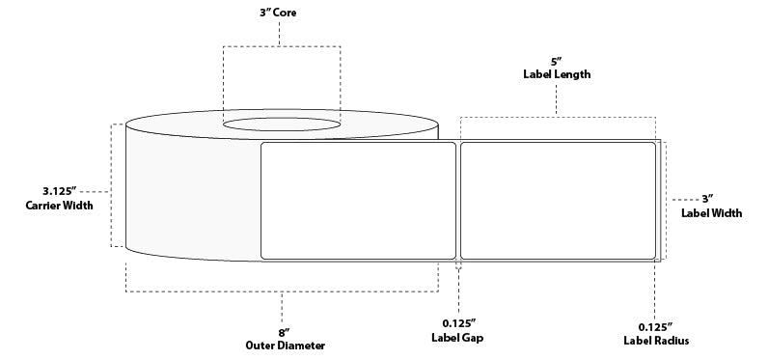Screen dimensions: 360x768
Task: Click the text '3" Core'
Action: (x=279, y=14)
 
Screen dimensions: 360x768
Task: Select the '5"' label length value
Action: (x=557, y=60)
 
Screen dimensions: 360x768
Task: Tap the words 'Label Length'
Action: (x=557, y=74)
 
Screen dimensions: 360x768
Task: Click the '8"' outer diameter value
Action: (x=281, y=330)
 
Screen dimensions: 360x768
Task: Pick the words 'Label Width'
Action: (x=711, y=213)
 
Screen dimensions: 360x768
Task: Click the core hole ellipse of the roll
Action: (x=282, y=125)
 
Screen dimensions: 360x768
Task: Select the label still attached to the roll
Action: (x=358, y=201)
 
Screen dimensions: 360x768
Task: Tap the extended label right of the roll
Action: (x=559, y=201)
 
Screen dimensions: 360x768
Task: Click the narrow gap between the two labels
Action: (x=458, y=201)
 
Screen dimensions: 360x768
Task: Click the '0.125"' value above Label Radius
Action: (x=656, y=326)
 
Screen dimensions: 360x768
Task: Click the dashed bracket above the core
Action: (x=282, y=45)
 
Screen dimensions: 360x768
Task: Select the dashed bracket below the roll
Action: (x=281, y=291)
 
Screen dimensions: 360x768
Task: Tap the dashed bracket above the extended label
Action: (x=558, y=118)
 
